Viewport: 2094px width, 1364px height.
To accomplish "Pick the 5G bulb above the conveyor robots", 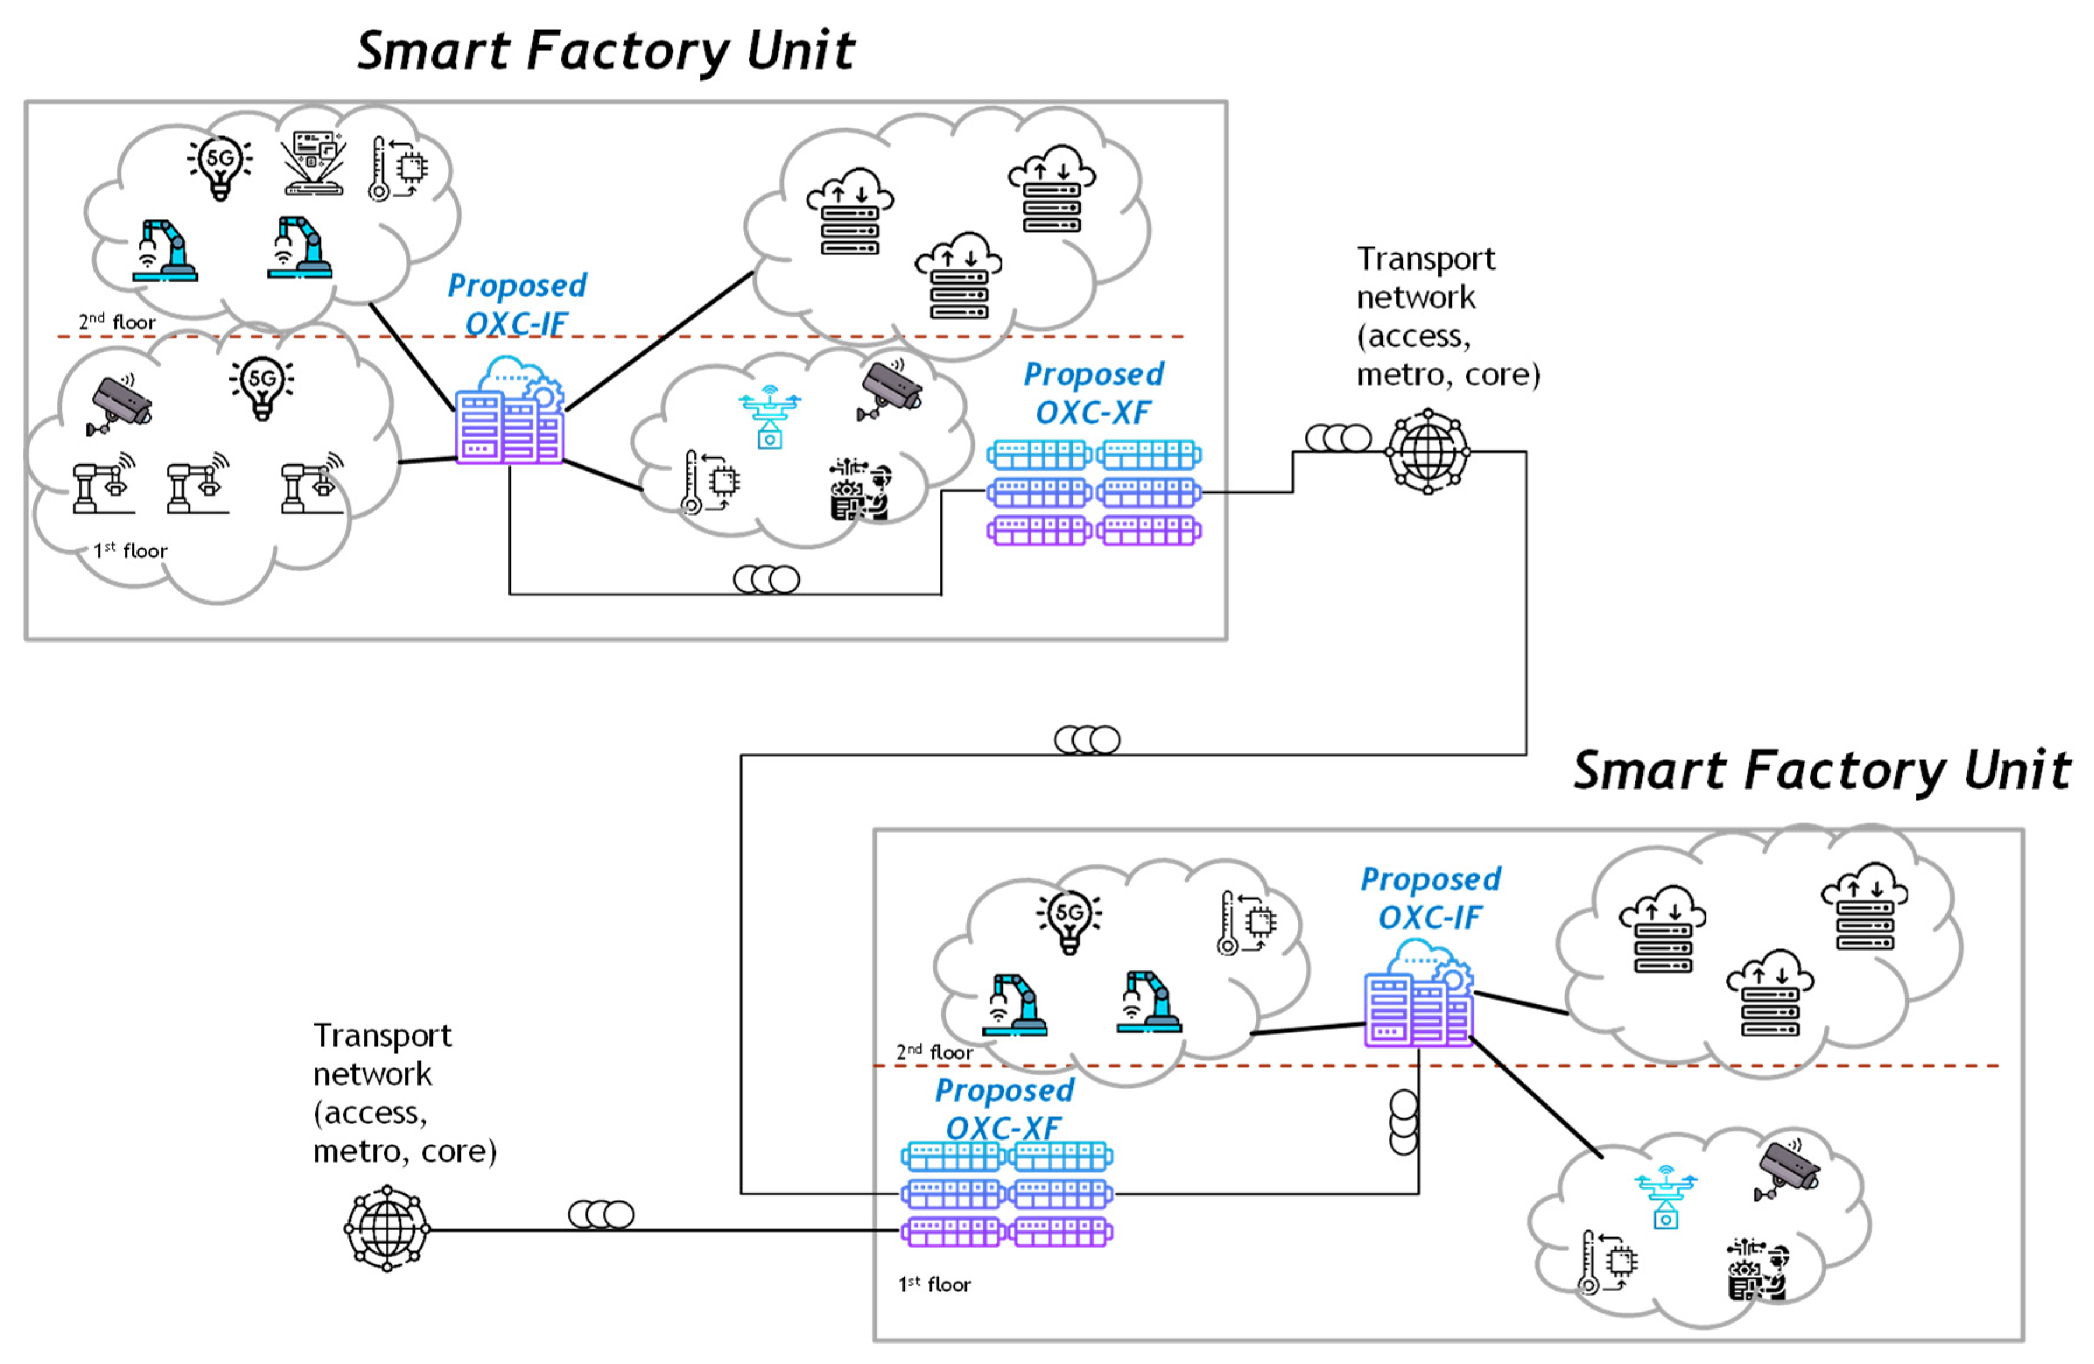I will pyautogui.click(x=261, y=387).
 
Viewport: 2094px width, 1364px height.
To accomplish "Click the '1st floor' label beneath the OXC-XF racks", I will pyautogui.click(x=934, y=1285).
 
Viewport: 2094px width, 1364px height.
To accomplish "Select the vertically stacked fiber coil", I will pyautogui.click(x=1403, y=1122).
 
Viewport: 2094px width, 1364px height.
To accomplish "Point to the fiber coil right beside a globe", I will pyautogui.click(x=1337, y=437).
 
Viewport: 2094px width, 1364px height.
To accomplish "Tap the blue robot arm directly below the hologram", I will pyautogui.click(x=301, y=248).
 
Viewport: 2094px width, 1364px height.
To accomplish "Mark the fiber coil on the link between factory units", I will pyautogui.click(x=1087, y=740).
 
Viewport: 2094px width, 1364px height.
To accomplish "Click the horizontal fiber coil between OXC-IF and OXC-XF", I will pyautogui.click(x=767, y=579).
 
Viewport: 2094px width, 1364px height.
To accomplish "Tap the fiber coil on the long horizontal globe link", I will pyautogui.click(x=601, y=1214).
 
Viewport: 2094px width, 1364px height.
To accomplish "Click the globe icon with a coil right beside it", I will pyautogui.click(x=1427, y=451).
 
